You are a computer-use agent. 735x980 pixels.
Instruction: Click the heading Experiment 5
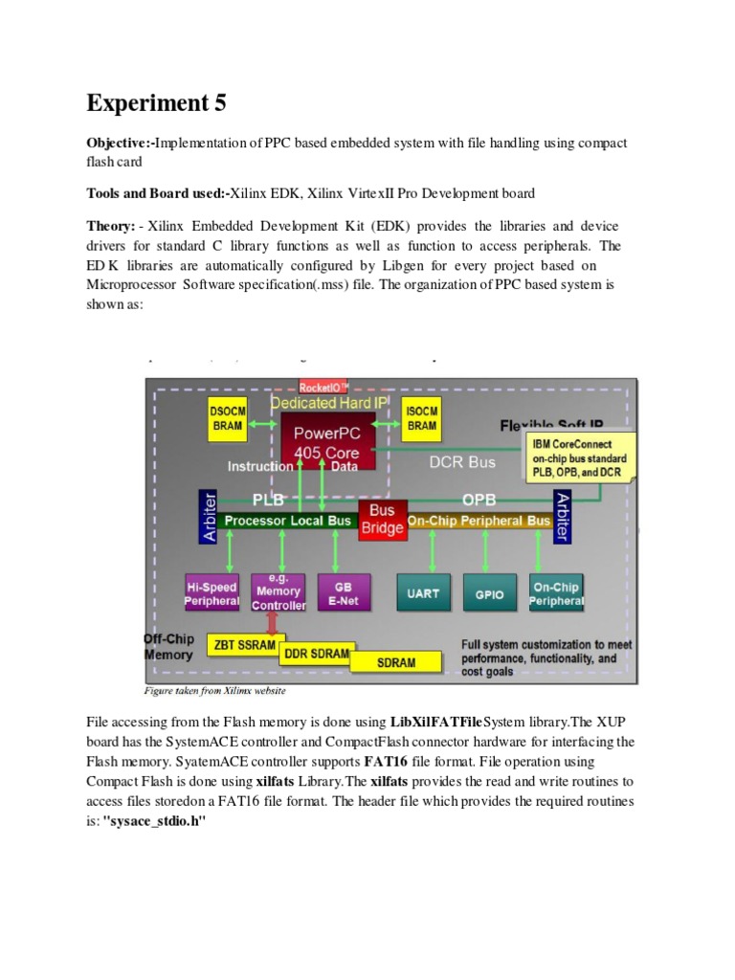(158, 102)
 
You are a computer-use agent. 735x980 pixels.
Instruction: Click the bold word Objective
(118, 143)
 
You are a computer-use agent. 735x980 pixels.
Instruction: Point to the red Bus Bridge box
(382, 520)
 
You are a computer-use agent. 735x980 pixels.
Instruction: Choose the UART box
(423, 593)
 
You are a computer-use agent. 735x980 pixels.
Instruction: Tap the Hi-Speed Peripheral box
(212, 593)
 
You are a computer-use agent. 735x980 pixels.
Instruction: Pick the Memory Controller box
(278, 593)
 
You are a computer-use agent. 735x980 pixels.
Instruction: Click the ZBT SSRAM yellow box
(243, 645)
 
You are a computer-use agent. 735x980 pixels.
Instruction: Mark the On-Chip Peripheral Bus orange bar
(478, 521)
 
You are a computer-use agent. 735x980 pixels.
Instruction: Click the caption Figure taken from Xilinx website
(214, 690)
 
